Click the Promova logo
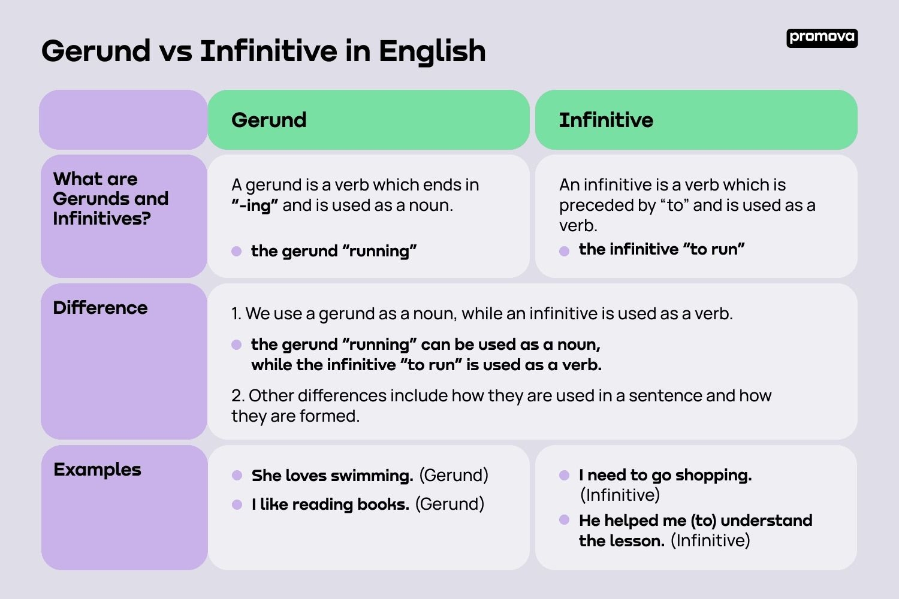(822, 38)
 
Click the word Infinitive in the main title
(269, 52)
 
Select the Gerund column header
(269, 120)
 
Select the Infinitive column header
(606, 120)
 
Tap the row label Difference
(100, 308)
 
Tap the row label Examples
(97, 470)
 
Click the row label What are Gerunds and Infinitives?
(110, 198)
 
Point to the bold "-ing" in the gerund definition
(255, 205)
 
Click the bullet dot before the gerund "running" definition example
(237, 251)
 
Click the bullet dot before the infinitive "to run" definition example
(564, 251)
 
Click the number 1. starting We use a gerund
(237, 314)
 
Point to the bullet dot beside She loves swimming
(237, 476)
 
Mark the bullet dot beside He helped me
(564, 520)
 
